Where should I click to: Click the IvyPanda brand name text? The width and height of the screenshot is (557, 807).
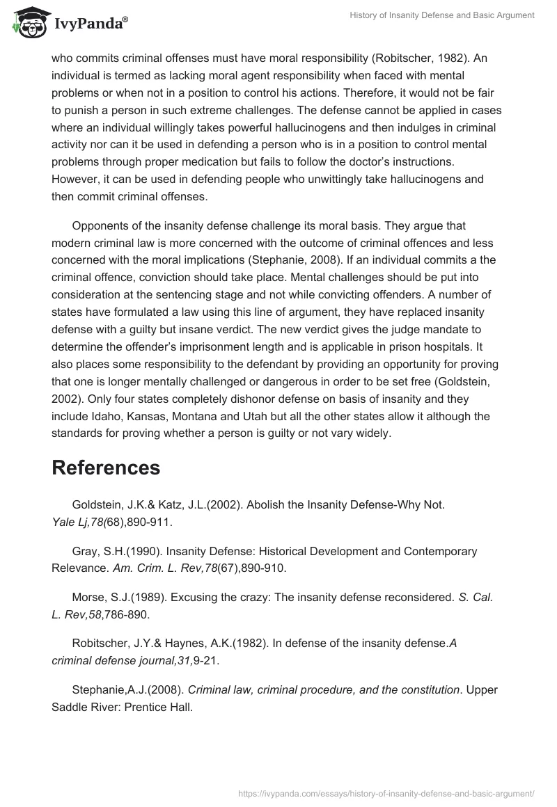coord(88,24)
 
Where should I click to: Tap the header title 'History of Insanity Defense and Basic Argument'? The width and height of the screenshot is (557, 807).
coord(432,15)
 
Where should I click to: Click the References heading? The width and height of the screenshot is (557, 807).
coord(106,468)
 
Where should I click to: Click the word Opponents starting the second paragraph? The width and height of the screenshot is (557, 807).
coord(104,225)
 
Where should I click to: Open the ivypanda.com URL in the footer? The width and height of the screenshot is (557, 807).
coord(386,792)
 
